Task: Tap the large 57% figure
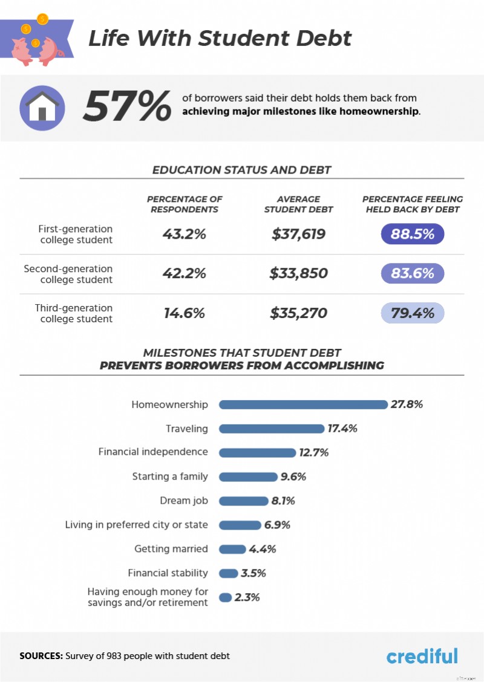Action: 127,106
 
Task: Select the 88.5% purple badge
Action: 413,234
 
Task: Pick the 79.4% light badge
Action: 413,313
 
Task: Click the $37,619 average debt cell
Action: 298,234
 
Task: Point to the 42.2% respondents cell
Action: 185,273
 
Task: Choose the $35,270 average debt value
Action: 298,313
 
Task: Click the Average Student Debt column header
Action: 298,204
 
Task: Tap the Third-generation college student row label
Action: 74,313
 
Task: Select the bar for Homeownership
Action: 302,404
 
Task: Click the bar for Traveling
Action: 272,429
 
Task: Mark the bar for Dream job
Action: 243,501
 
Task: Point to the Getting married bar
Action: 232,549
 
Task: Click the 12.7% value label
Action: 313,452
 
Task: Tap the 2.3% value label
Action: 247,597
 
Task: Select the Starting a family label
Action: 170,476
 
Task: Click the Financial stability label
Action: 168,573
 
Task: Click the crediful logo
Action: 422,656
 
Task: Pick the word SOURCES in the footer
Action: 41,656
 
